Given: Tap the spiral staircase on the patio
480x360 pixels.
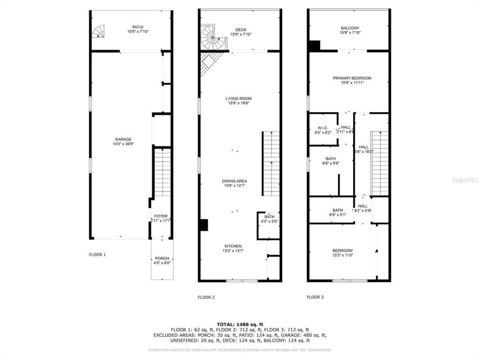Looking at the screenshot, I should pyautogui.click(x=99, y=32).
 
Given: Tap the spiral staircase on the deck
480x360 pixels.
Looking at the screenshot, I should pyautogui.click(x=212, y=36).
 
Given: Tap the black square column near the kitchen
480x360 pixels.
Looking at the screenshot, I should pyautogui.click(x=203, y=225).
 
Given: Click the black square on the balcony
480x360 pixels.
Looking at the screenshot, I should pyautogui.click(x=314, y=45).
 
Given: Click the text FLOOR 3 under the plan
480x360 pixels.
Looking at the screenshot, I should pyautogui.click(x=315, y=297).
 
